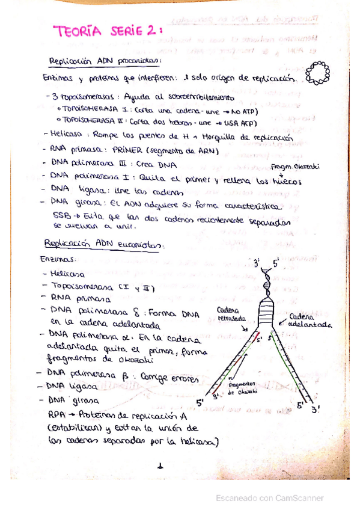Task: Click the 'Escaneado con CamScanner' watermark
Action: [269, 498]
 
